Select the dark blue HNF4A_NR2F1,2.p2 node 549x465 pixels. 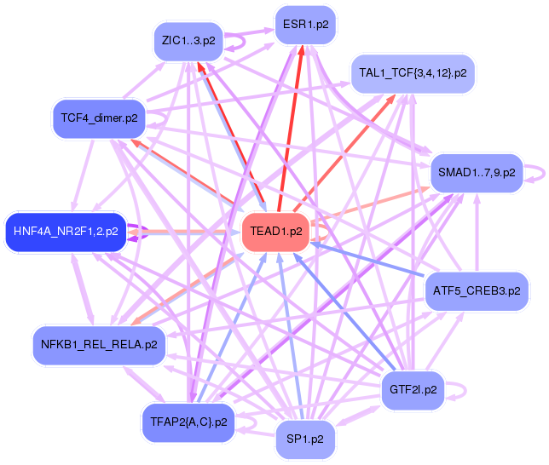click(x=66, y=230)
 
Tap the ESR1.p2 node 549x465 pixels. click(x=305, y=26)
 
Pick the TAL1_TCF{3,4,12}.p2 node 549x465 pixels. click(x=413, y=73)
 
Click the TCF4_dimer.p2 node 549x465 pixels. click(x=99, y=118)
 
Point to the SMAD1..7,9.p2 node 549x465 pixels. click(x=477, y=172)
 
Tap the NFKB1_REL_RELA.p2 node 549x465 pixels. click(x=98, y=345)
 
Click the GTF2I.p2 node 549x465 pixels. click(x=413, y=390)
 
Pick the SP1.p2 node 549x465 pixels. click(x=305, y=439)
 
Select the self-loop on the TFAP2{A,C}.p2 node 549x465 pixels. click(x=249, y=420)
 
